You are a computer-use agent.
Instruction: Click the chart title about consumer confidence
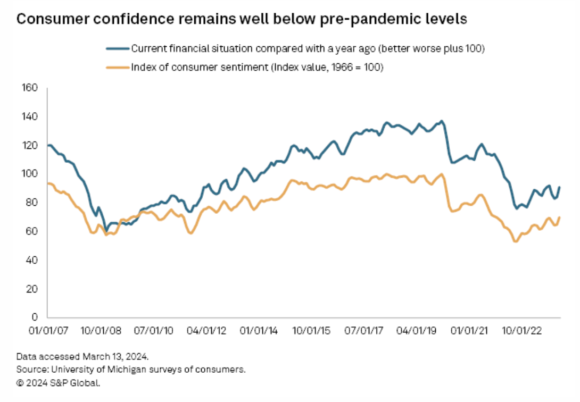pyautogui.click(x=242, y=20)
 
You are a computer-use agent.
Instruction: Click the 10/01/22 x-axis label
pyautogui.click(x=523, y=330)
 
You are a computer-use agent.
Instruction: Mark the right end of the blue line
pyautogui.click(x=560, y=187)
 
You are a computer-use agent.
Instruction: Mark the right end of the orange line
pyautogui.click(x=560, y=217)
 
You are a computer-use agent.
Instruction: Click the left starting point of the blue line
pyautogui.click(x=48, y=145)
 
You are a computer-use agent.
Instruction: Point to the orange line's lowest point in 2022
pyautogui.click(x=515, y=241)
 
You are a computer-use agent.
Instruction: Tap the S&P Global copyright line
pyautogui.click(x=59, y=382)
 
